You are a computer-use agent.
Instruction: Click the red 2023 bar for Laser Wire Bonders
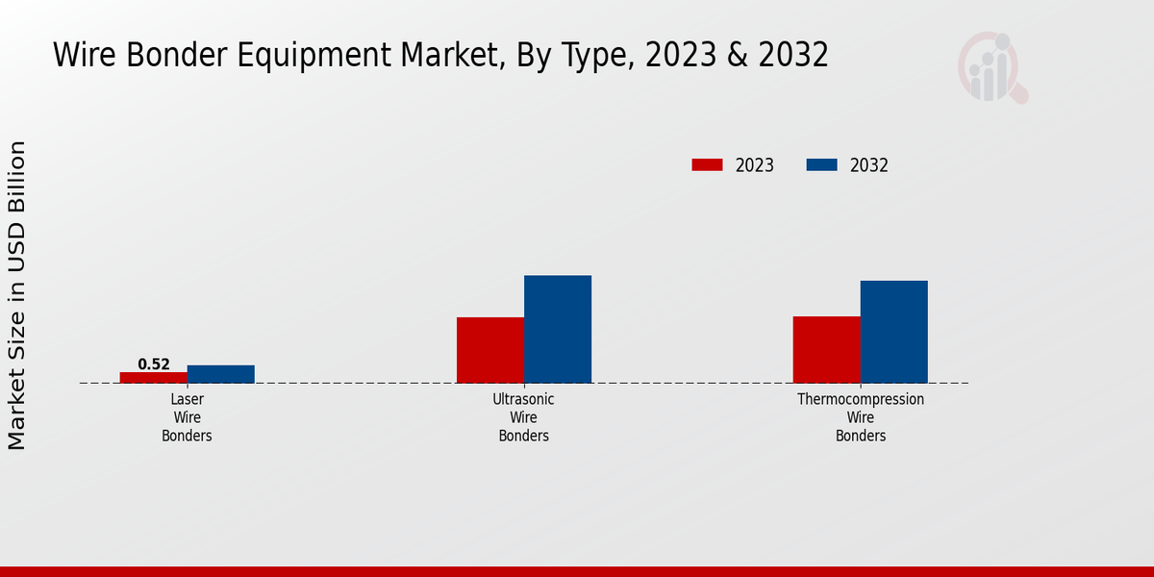(x=154, y=377)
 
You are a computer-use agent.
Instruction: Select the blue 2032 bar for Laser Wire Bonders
(x=221, y=374)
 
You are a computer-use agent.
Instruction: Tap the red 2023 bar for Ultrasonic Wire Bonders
(x=490, y=350)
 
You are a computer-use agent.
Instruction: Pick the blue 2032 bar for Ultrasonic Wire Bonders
(x=558, y=329)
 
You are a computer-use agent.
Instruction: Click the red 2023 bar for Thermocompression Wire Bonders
(x=827, y=349)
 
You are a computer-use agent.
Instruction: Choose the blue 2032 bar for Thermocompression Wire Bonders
(x=894, y=332)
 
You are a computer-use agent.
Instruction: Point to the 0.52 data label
(x=154, y=364)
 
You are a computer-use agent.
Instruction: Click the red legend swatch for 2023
(x=707, y=165)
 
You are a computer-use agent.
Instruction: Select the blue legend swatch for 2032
(x=821, y=165)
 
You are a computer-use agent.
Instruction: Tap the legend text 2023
(x=755, y=165)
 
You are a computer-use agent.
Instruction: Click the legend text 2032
(x=869, y=165)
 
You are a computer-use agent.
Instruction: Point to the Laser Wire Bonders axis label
(x=187, y=417)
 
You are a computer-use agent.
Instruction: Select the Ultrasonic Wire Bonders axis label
(x=523, y=417)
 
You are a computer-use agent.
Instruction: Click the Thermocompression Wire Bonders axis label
(x=861, y=417)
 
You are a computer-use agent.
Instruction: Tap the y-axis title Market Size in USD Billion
(x=17, y=294)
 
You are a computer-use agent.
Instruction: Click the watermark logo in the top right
(x=992, y=67)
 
